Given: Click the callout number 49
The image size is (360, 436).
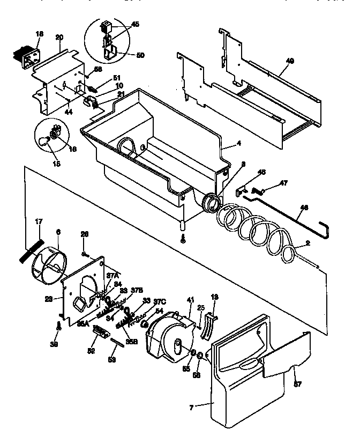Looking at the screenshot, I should [289, 61].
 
